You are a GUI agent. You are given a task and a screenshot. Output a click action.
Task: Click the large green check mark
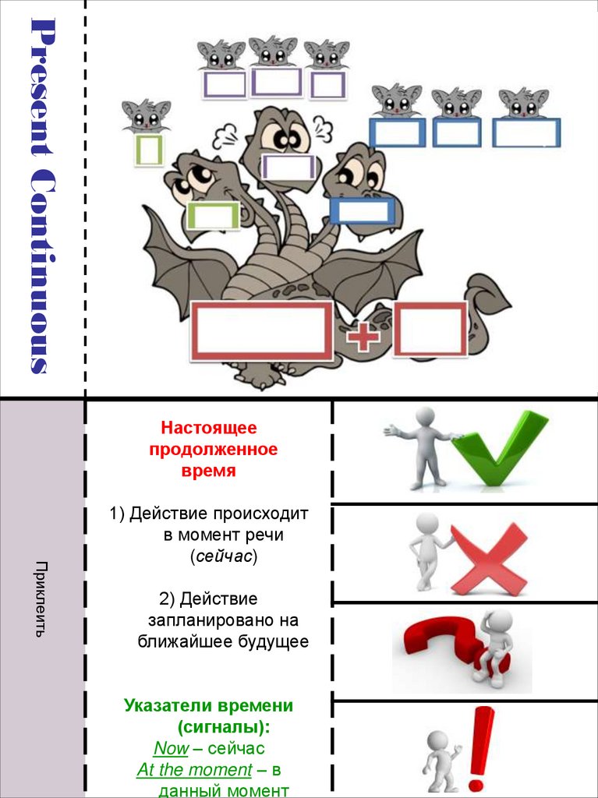pos(499,450)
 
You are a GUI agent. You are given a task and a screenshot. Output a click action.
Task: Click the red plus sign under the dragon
pos(363,337)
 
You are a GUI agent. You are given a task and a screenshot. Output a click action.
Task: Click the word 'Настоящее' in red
pos(208,428)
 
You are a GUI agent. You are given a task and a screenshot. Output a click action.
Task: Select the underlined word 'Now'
pos(171,748)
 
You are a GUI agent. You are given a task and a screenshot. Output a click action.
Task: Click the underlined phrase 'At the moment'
pos(194,770)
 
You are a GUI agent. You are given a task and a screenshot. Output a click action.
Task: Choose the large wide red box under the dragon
pos(261,331)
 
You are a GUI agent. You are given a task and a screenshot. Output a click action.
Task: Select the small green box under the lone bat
pos(148,150)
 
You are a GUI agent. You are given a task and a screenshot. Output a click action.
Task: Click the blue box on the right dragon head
pos(361,210)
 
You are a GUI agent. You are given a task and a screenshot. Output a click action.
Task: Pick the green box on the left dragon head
pos(213,215)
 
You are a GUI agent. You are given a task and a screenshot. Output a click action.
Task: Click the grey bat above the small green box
pos(146,115)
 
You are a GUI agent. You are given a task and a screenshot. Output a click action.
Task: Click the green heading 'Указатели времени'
pos(208,706)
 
